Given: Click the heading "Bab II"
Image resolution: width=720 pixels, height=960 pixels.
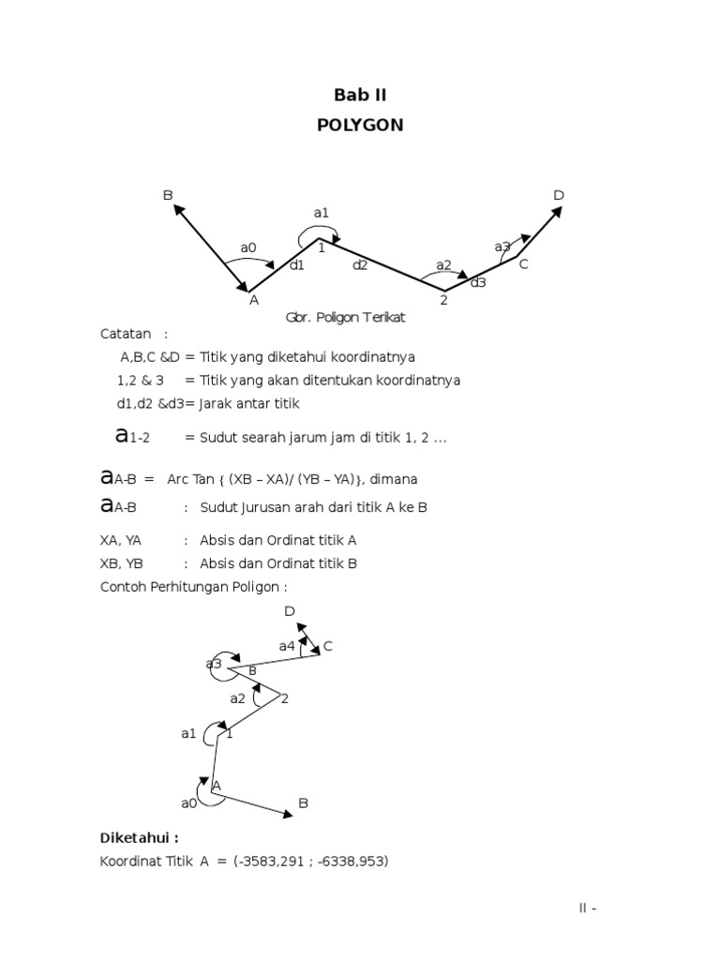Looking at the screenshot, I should coord(360,95).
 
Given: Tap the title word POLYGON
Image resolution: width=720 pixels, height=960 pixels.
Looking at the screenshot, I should coord(360,125).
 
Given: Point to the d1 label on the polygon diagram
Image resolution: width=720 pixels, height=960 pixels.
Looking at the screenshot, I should coord(297,265).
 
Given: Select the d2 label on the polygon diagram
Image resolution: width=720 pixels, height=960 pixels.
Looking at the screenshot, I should coord(360,265).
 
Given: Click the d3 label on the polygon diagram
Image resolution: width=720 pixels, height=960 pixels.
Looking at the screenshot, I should coord(478,282).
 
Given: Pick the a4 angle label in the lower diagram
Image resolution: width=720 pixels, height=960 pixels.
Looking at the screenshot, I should coord(287,646).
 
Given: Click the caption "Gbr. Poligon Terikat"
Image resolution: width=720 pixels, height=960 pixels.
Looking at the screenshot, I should coord(345,318).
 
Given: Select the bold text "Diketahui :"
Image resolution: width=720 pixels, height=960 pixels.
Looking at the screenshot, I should coord(139,837).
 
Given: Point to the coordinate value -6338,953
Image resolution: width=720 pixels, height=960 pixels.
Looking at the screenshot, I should coord(351,861).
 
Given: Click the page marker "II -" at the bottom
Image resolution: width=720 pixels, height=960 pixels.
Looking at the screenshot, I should coord(587,908).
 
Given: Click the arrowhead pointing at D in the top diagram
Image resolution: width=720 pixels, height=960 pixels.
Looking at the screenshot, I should coord(558,212).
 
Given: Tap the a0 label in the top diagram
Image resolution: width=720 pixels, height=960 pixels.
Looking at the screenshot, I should coord(247,247).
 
